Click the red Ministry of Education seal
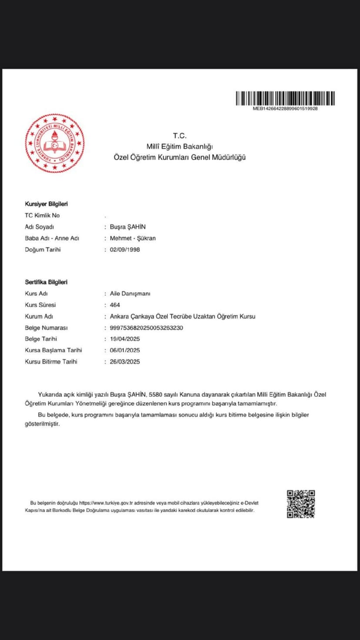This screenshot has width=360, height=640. tap(55, 143)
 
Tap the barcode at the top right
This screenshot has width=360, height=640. tap(285, 98)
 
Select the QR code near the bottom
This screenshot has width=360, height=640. tap(300, 504)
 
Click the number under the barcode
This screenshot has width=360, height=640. tap(285, 109)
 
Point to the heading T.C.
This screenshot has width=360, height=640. tap(180, 136)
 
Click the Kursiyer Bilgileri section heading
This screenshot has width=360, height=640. tap(46, 204)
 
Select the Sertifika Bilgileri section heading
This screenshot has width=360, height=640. tap(46, 282)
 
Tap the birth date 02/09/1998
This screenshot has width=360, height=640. tap(125, 250)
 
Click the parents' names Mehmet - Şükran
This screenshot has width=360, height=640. tap(133, 238)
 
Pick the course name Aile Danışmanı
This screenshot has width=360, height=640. tap(130, 293)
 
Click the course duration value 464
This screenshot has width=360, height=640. tap(115, 305)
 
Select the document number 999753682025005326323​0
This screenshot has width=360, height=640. tap(147, 328)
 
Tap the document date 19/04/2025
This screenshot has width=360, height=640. tap(125, 339)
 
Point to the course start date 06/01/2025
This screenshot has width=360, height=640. tap(125, 350)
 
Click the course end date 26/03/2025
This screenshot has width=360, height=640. tap(125, 362)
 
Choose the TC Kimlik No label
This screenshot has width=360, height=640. tap(42, 215)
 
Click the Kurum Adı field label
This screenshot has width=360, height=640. tap(39, 317)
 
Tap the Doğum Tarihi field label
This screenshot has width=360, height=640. tap(43, 250)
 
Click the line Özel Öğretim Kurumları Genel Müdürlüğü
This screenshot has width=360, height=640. tap(180, 157)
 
